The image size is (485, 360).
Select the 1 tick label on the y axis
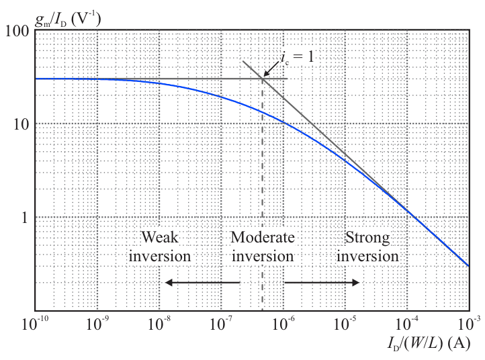tap(24, 218)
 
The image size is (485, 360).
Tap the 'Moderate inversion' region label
tap(262, 246)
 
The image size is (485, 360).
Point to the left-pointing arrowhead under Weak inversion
tap(169, 283)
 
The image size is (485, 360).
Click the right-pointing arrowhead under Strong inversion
tap(356, 283)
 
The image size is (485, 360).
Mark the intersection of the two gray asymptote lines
tap(262, 79)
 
